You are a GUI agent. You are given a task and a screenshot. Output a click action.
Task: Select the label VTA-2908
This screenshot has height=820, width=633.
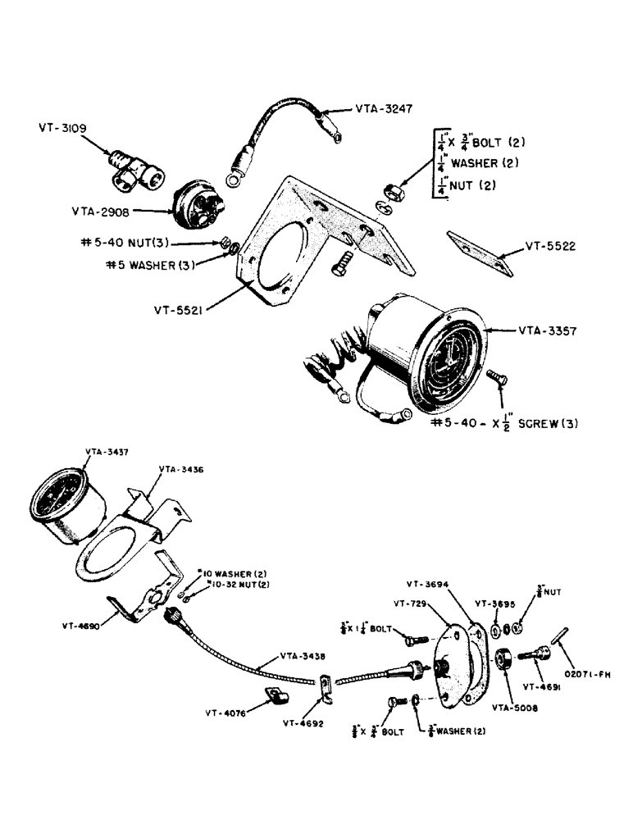102,210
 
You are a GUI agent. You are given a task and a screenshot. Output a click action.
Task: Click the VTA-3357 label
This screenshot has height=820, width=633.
548,331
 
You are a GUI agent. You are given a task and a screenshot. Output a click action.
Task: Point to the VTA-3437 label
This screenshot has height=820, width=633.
106,452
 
